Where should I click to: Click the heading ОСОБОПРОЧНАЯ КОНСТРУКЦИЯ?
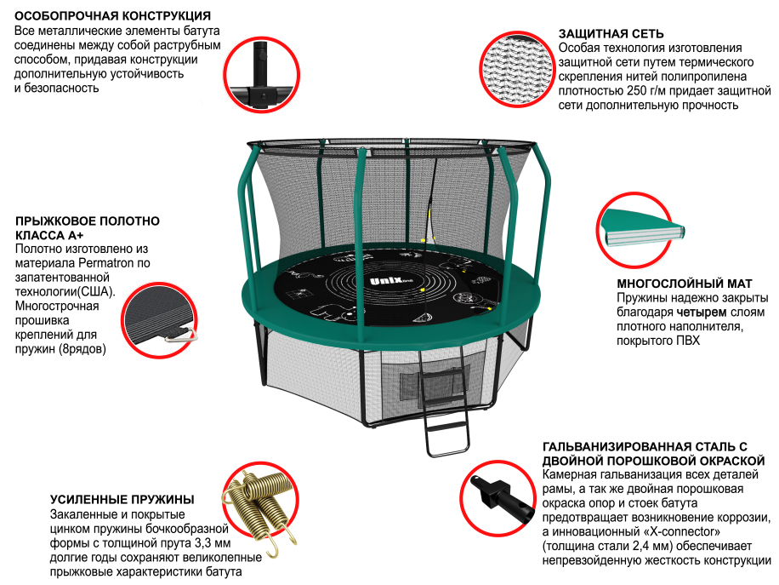pos(113,16)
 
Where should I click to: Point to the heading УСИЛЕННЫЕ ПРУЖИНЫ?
pos(122,499)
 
